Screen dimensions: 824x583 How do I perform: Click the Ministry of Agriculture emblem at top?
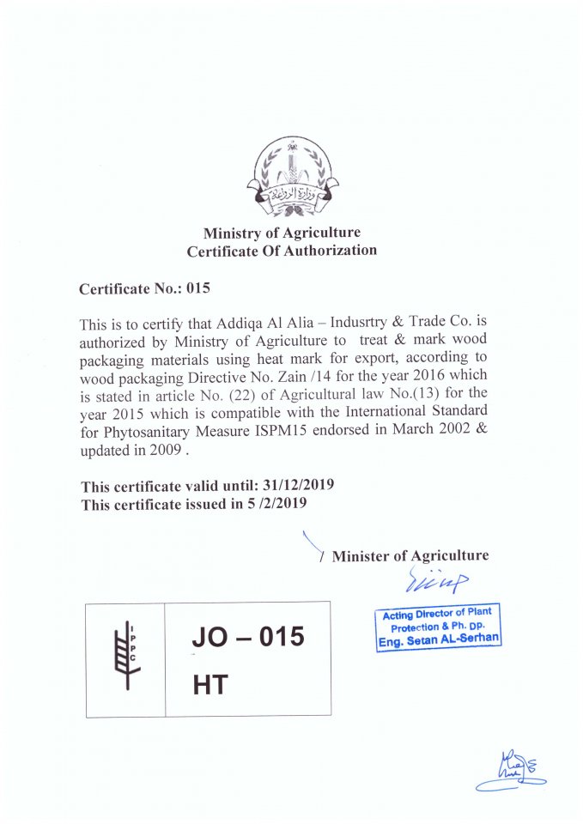pos(292,175)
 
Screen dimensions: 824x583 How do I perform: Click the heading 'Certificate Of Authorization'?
pos(282,251)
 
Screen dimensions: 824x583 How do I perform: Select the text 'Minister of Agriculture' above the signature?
pos(410,555)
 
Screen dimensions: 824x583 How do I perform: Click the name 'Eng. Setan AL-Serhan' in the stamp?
pos(439,640)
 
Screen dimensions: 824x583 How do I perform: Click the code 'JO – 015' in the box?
pos(248,638)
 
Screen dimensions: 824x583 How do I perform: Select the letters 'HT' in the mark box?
pos(210,684)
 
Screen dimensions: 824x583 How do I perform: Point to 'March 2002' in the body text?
pos(424,430)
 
